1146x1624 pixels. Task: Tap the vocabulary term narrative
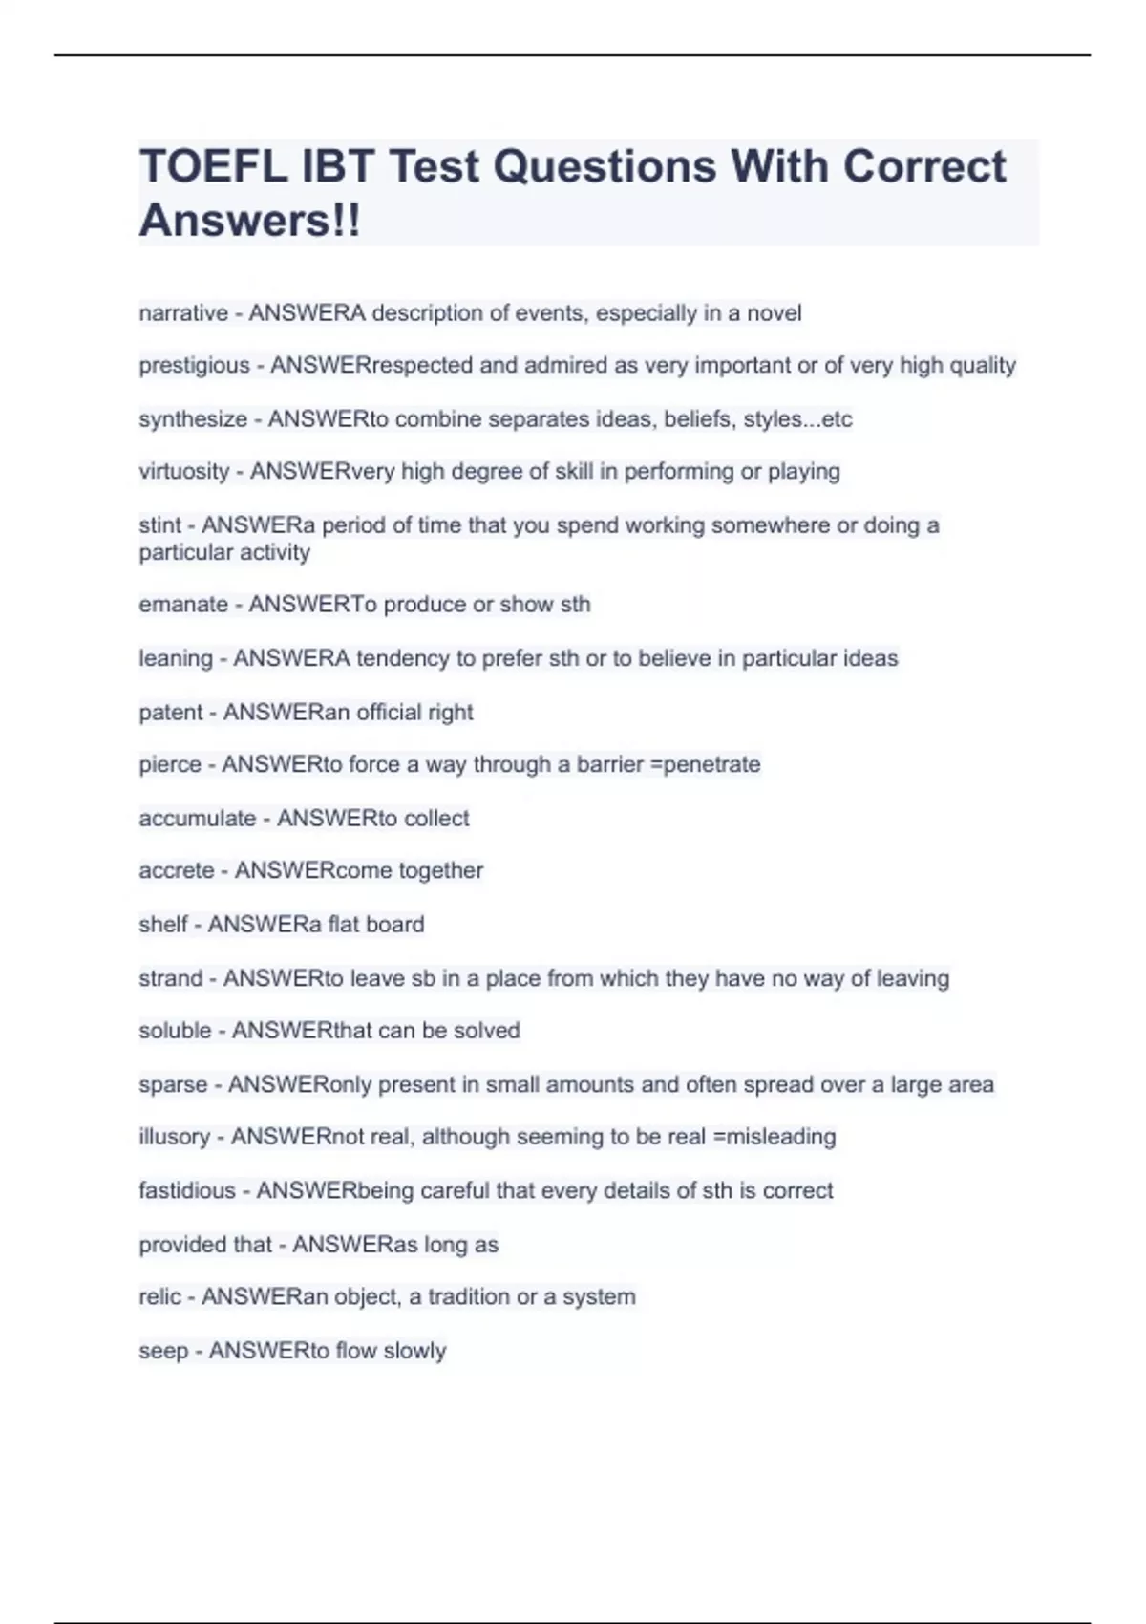click(x=183, y=313)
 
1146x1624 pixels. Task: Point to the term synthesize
click(x=193, y=419)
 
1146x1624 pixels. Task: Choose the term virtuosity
click(x=184, y=472)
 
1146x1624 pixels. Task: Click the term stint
click(x=159, y=525)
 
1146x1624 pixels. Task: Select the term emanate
click(x=183, y=605)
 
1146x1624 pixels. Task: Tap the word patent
click(x=171, y=713)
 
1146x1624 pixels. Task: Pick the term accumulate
click(x=198, y=819)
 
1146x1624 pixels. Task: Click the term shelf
click(x=163, y=925)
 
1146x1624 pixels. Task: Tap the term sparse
click(x=173, y=1085)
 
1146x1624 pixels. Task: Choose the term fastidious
click(x=187, y=1191)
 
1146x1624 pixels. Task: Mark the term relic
click(x=159, y=1297)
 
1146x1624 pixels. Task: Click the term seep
click(x=163, y=1351)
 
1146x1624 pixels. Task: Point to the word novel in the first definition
click(x=775, y=313)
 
